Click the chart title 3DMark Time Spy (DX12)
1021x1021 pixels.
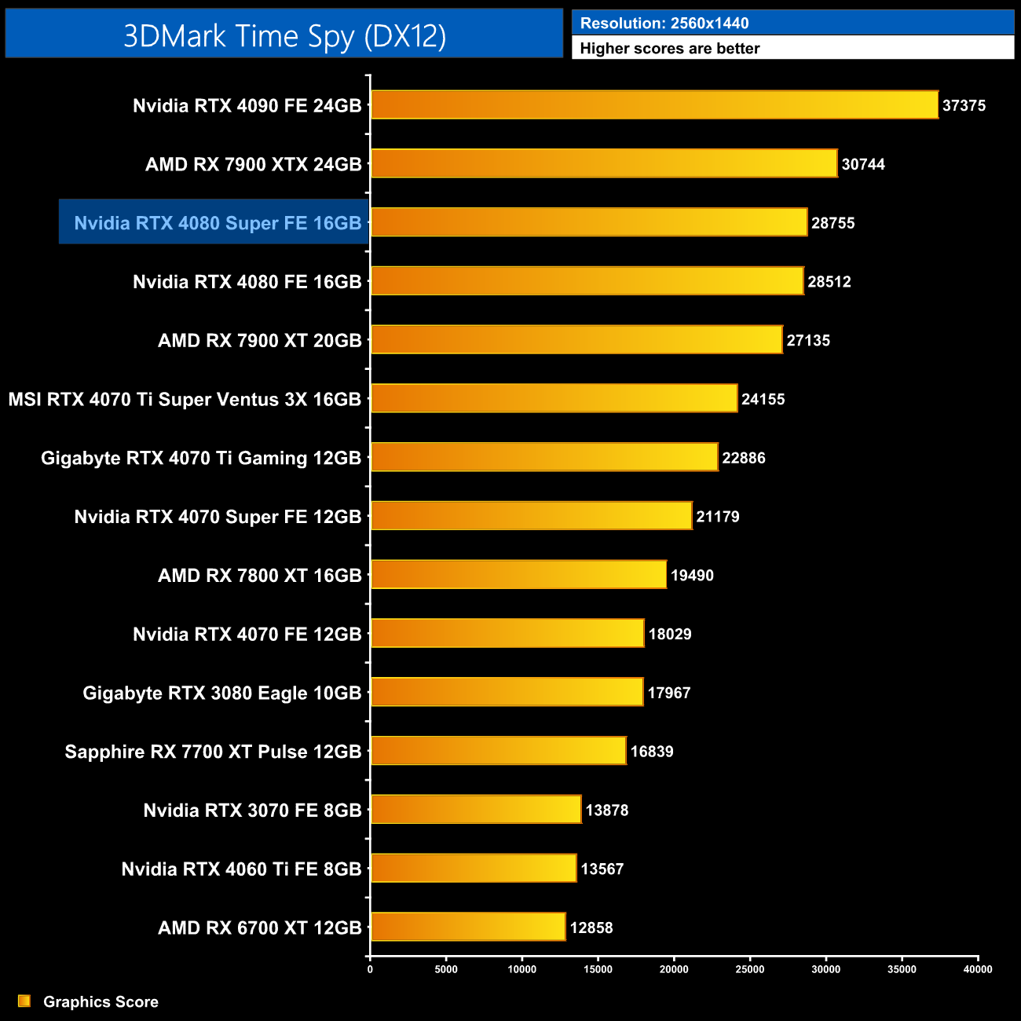tap(284, 36)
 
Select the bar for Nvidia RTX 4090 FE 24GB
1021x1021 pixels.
tap(654, 105)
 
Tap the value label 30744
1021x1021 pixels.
tap(863, 164)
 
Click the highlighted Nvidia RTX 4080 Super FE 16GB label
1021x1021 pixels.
tap(218, 223)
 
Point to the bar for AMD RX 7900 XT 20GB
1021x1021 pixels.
tap(576, 340)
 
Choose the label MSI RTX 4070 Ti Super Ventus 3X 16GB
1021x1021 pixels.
tap(185, 399)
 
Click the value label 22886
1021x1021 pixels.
tap(744, 458)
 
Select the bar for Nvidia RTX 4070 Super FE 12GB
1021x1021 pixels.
tap(531, 516)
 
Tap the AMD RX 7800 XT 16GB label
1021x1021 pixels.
tap(260, 576)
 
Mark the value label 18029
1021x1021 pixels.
tap(670, 634)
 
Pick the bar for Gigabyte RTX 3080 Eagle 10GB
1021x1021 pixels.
tap(507, 692)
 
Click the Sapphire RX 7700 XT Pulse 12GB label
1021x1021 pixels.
tap(213, 752)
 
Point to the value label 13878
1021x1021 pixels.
tap(607, 810)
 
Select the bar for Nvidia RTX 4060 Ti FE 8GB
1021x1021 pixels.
tap(474, 868)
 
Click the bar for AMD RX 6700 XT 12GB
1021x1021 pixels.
tap(468, 927)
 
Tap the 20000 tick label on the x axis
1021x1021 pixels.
tap(674, 969)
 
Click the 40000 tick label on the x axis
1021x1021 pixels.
tap(978, 969)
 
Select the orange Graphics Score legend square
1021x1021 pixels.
tap(24, 1001)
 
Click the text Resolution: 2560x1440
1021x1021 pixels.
tap(664, 24)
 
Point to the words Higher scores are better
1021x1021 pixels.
tap(670, 49)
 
